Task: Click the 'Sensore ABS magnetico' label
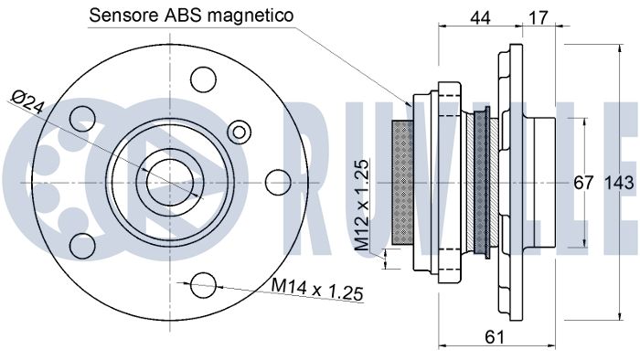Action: (x=191, y=16)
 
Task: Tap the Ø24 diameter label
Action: (x=27, y=101)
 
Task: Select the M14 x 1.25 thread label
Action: (x=317, y=289)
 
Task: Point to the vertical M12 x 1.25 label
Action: (x=362, y=205)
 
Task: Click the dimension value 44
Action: (x=480, y=17)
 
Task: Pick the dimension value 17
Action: (x=538, y=17)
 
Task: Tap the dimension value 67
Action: (x=583, y=182)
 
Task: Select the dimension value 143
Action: (x=619, y=182)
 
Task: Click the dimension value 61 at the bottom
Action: (x=495, y=337)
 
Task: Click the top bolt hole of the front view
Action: (x=203, y=79)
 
